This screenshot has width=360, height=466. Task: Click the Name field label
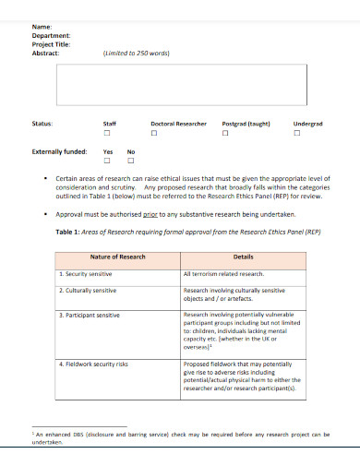(x=42, y=28)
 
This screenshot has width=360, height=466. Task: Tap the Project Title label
(x=51, y=44)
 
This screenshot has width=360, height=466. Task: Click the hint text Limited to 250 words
(x=136, y=53)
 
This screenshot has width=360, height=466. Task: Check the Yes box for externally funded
(x=108, y=162)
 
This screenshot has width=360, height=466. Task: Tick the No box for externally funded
(x=130, y=162)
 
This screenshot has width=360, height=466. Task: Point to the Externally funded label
(x=60, y=151)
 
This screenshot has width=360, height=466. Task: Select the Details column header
(x=243, y=257)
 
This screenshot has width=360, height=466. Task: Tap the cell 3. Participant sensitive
(x=90, y=316)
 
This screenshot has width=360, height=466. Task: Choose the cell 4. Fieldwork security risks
(x=96, y=364)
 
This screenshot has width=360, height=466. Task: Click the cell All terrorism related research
(x=224, y=274)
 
